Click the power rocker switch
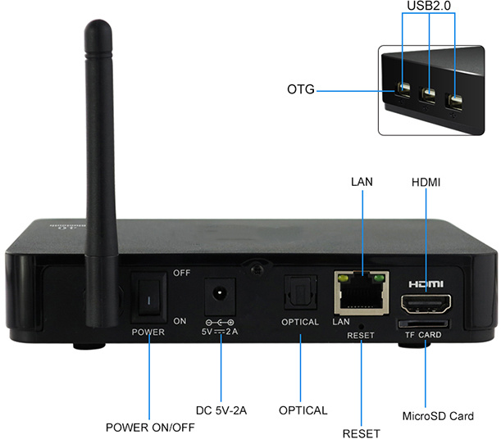149,297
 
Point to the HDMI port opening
425,305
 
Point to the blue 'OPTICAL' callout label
303,410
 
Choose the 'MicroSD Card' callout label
438,416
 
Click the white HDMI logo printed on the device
425,283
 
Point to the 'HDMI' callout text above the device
426,183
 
